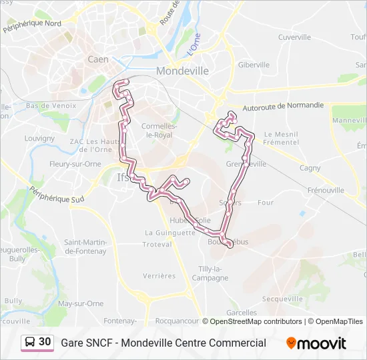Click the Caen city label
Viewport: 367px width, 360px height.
[97, 59]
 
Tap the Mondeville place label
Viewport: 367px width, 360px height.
[182, 71]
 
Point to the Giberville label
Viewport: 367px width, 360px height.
[254, 65]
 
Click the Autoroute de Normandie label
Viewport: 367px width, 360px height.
[284, 105]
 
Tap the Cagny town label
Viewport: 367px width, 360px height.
[310, 168]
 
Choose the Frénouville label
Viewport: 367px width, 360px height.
[326, 190]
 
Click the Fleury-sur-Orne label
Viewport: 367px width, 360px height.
[75, 163]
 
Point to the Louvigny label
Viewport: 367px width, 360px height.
[39, 138]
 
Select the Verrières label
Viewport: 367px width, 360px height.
[159, 275]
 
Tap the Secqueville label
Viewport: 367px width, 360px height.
[283, 299]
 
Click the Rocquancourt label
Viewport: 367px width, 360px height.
[177, 321]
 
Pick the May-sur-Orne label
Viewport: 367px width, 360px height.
[81, 303]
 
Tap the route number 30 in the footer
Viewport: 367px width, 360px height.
[45, 342]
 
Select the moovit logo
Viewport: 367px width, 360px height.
[316, 343]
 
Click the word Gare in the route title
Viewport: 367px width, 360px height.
[73, 343]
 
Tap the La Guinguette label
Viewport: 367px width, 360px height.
[170, 233]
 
